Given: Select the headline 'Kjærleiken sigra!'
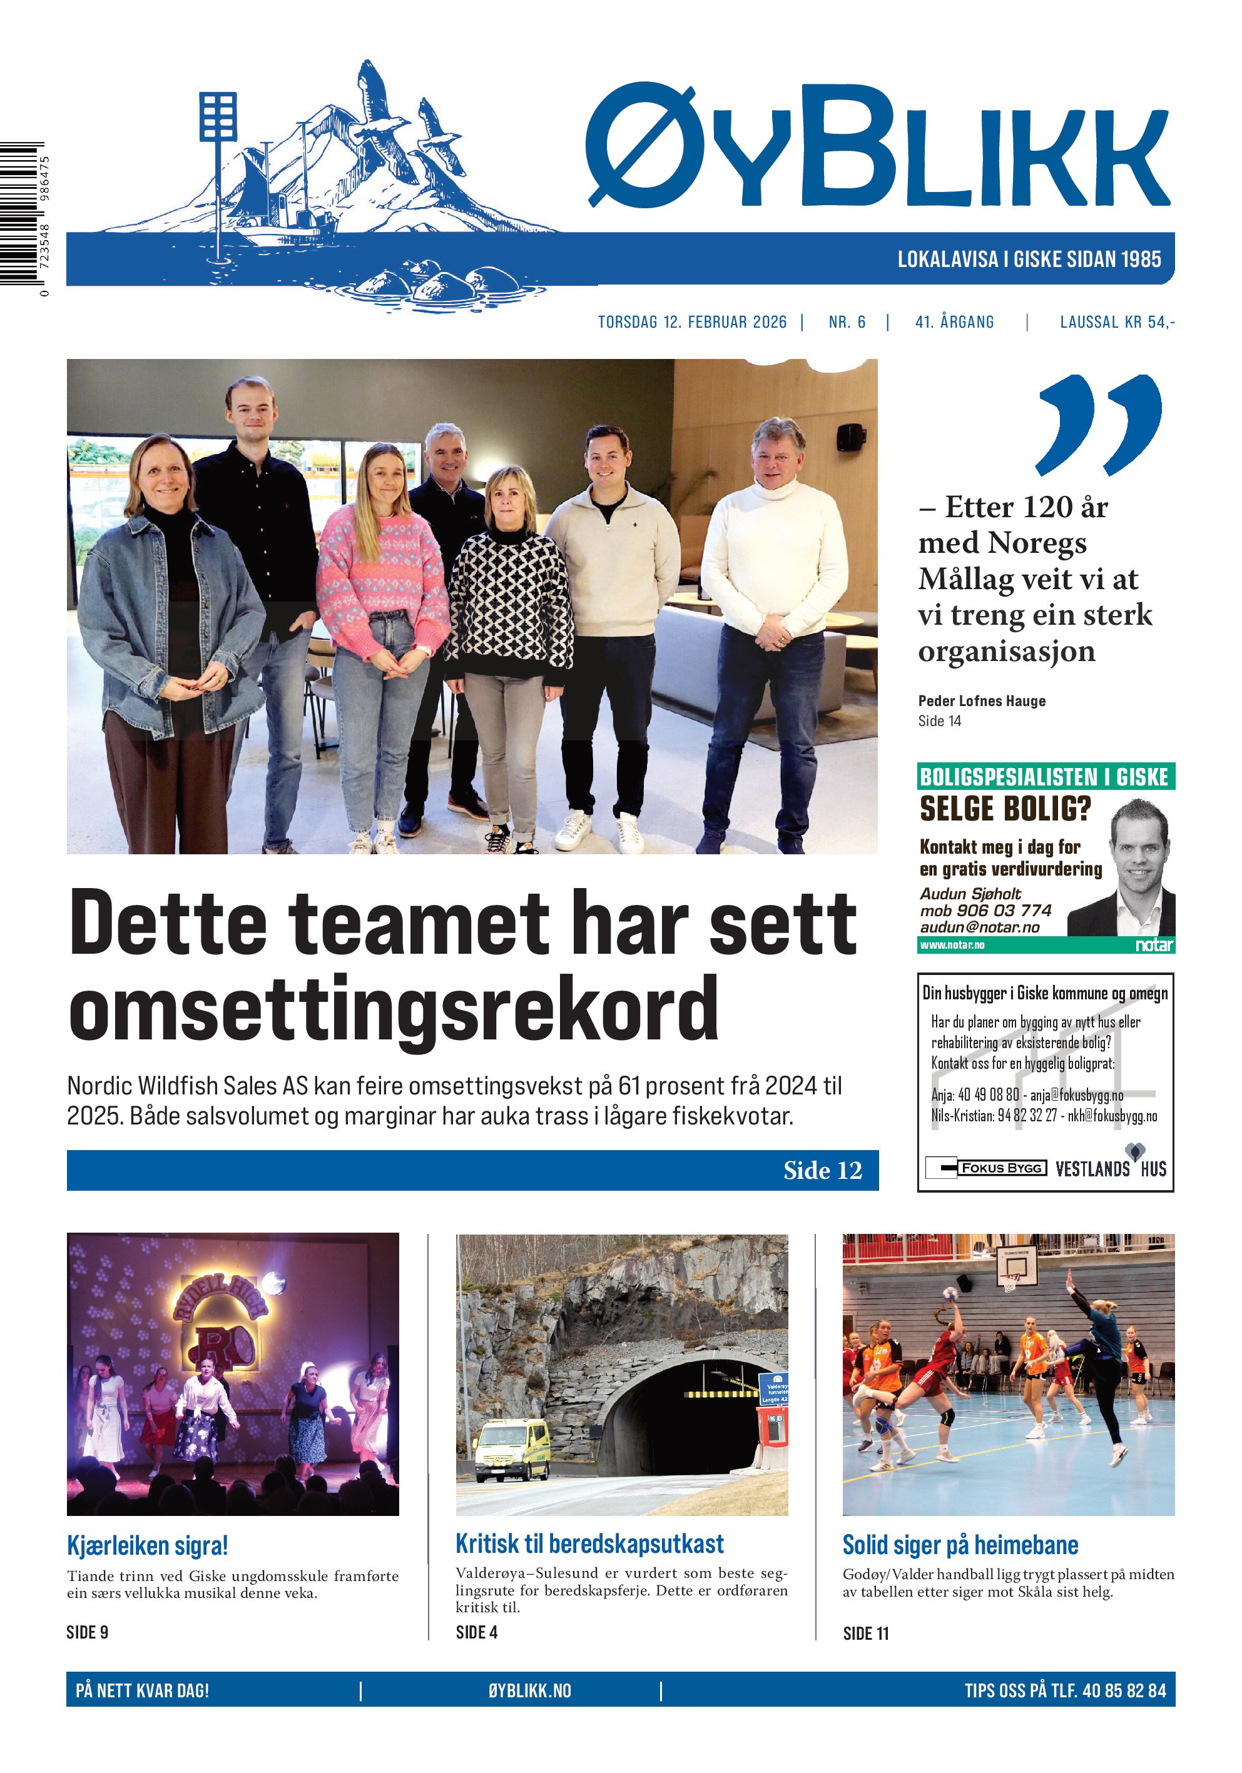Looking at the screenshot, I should (148, 1545).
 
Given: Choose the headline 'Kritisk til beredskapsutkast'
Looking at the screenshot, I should (589, 1543).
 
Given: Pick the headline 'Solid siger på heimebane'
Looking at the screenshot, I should (960, 1545).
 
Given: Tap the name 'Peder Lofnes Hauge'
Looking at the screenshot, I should (981, 701).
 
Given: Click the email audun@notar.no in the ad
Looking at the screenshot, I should (979, 927).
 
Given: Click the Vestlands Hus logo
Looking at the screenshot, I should (1111, 1168).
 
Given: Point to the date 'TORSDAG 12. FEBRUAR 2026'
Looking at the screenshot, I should (692, 322).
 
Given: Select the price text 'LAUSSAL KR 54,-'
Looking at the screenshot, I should (1117, 322).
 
